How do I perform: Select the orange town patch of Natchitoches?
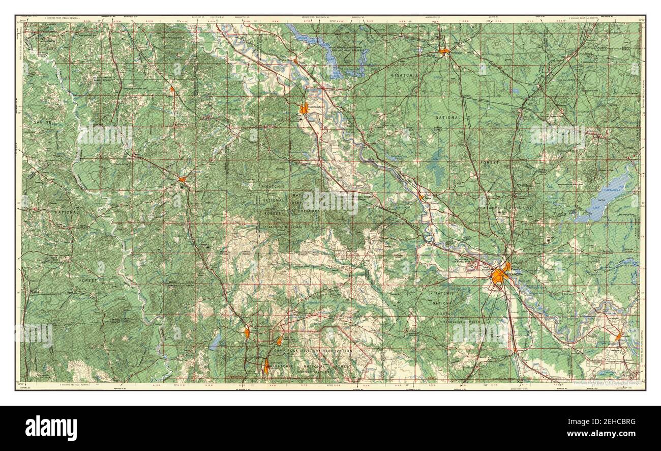[x=304, y=108]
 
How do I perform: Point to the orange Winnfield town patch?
[x=444, y=51]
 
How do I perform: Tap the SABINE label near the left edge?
[x=43, y=122]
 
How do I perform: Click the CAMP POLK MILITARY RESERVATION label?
[x=313, y=351]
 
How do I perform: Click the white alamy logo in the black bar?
[x=51, y=428]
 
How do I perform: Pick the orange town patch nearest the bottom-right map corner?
[x=619, y=336]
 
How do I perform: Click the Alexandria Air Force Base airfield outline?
[x=472, y=265]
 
